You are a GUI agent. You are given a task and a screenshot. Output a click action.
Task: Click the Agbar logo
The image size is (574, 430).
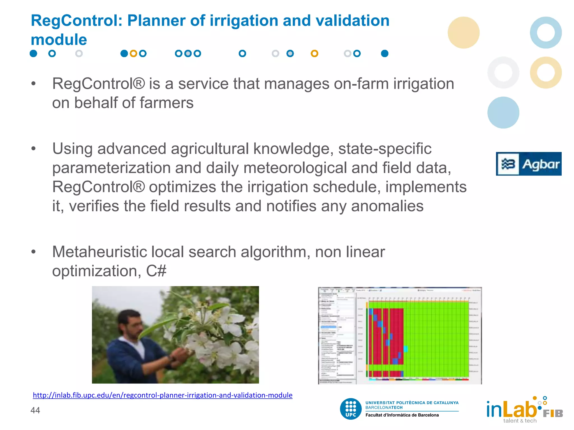tap(529, 164)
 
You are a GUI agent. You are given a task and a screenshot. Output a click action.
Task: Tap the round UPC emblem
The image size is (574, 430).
tap(351, 409)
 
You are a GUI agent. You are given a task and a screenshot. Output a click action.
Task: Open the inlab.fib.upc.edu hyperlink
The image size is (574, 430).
tap(163, 395)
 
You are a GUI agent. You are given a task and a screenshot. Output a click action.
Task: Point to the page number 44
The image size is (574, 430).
tap(35, 410)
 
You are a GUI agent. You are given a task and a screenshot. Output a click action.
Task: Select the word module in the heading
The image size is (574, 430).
tap(59, 40)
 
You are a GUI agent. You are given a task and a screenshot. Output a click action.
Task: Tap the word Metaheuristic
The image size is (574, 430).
tap(99, 252)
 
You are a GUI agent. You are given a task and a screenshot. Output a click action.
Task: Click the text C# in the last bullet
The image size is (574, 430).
tap(156, 271)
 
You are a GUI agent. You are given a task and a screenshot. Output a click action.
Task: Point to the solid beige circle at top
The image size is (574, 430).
tap(464, 32)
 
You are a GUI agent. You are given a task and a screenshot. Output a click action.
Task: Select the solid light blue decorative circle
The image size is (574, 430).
tap(503, 113)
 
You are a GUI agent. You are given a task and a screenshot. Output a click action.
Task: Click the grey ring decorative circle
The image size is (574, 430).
tap(503, 73)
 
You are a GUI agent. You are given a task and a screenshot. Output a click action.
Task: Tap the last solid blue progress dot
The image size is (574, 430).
tap(385, 53)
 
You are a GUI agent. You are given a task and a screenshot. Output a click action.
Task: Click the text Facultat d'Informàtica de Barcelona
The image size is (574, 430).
tap(402, 415)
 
